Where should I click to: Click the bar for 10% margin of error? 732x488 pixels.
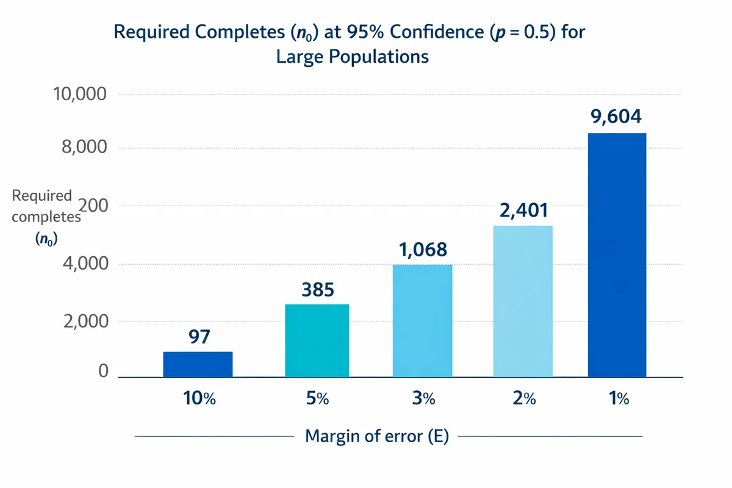pos(198,364)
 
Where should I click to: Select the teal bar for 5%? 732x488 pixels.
pos(317,340)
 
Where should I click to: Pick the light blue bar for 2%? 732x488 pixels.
pos(523,301)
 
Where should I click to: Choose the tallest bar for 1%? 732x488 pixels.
pos(617,255)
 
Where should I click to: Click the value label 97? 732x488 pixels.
pos(198,337)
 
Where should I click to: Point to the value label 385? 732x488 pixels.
pos(318,290)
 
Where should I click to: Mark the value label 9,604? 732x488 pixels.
pos(617,117)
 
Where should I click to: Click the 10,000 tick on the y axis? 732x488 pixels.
pos(80,95)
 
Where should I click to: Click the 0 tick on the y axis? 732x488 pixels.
pos(103,371)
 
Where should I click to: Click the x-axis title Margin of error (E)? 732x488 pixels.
pos(376,437)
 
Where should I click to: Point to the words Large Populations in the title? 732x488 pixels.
pos(352,57)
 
